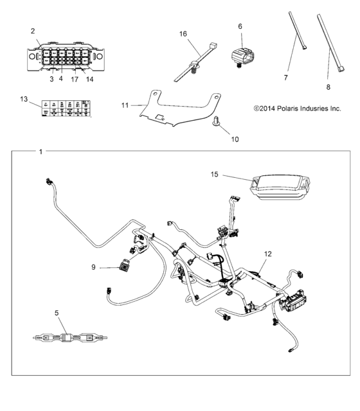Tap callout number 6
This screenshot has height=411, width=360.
pos(240,26)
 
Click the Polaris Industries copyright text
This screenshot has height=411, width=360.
pos(297,109)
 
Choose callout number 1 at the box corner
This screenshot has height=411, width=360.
pos(41,152)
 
